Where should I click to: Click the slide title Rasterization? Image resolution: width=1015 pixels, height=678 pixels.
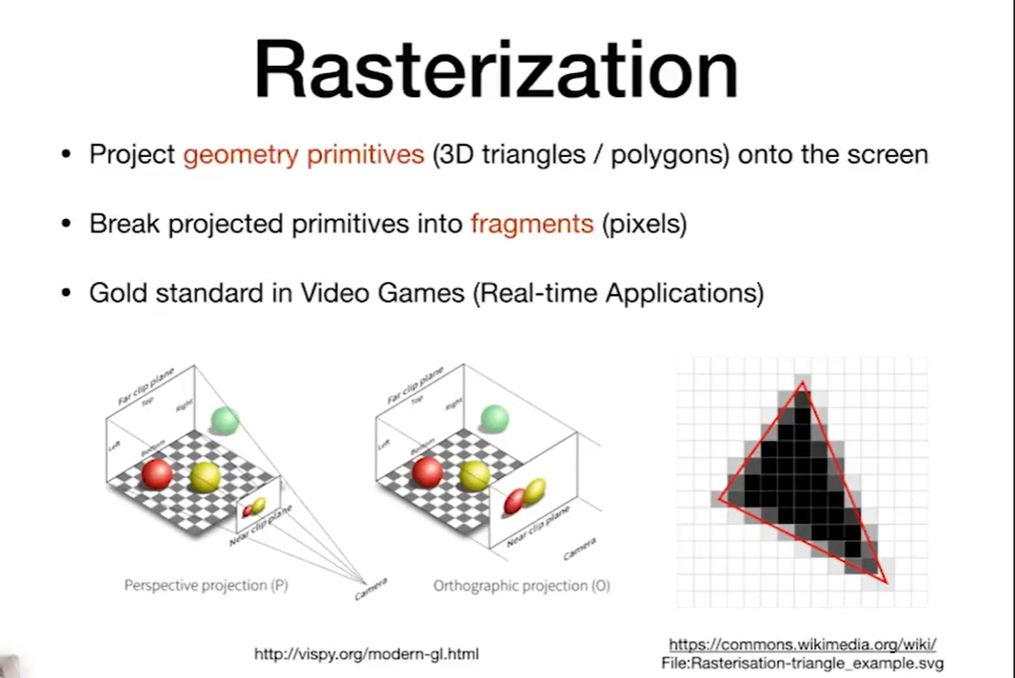(x=496, y=70)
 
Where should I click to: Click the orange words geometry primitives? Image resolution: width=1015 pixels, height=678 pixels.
(x=304, y=155)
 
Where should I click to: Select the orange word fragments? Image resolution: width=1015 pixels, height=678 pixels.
(x=531, y=224)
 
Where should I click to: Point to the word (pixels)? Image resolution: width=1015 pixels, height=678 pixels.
(x=644, y=224)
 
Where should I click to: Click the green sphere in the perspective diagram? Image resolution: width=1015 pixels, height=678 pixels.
(x=225, y=421)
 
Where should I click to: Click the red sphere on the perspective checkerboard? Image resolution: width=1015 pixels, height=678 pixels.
(x=157, y=474)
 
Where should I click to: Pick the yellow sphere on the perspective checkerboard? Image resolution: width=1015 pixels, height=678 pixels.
(x=206, y=477)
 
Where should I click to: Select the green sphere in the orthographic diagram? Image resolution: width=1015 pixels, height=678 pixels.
(x=494, y=418)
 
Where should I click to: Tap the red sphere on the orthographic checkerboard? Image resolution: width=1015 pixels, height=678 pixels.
(x=428, y=472)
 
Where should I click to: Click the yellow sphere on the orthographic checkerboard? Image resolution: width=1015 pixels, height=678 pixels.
(x=474, y=476)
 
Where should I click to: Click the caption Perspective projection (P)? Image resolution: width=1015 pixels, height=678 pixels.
(x=206, y=586)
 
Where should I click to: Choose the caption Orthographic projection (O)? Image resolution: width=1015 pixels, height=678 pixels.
(x=521, y=586)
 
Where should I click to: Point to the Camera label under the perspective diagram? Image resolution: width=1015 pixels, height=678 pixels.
(x=371, y=588)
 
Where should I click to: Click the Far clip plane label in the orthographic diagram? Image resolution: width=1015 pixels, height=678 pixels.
(x=415, y=386)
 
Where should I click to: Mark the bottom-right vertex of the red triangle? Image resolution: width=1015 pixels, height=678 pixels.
(x=886, y=583)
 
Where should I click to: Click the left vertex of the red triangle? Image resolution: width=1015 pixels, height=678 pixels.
(x=720, y=499)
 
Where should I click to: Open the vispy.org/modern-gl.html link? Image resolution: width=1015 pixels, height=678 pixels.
(x=367, y=654)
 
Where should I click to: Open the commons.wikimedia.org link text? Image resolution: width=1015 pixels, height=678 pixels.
(x=803, y=645)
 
